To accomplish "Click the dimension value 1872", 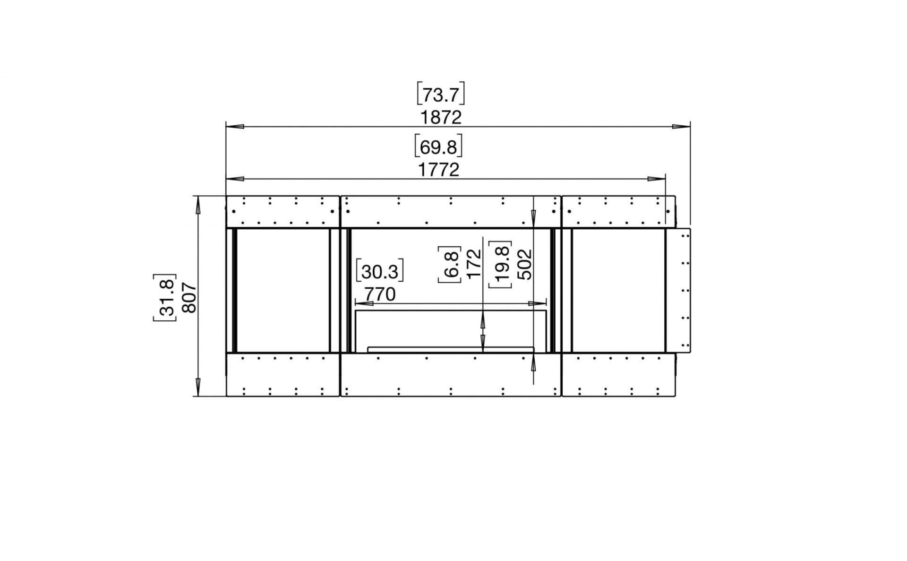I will pyautogui.click(x=440, y=117).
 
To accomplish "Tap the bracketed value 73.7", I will pyautogui.click(x=440, y=95).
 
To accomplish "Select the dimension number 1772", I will pyautogui.click(x=438, y=169).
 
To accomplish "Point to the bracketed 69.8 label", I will pyautogui.click(x=438, y=147).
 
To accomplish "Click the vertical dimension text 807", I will pyautogui.click(x=189, y=297).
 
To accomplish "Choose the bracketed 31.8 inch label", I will pyautogui.click(x=165, y=297).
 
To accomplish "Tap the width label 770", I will pyautogui.click(x=380, y=294).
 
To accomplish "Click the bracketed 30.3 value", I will pyautogui.click(x=380, y=272).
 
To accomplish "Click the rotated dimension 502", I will pyautogui.click(x=524, y=264).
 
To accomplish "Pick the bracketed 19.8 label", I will pyautogui.click(x=501, y=264).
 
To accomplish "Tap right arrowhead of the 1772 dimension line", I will pyautogui.click(x=657, y=179).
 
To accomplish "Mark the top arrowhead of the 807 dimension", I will pyautogui.click(x=198, y=204).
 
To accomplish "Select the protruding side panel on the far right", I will pyautogui.click(x=678, y=290).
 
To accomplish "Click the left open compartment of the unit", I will pyautogui.click(x=282, y=290).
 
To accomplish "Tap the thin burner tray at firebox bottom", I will pyautogui.click(x=450, y=349).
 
